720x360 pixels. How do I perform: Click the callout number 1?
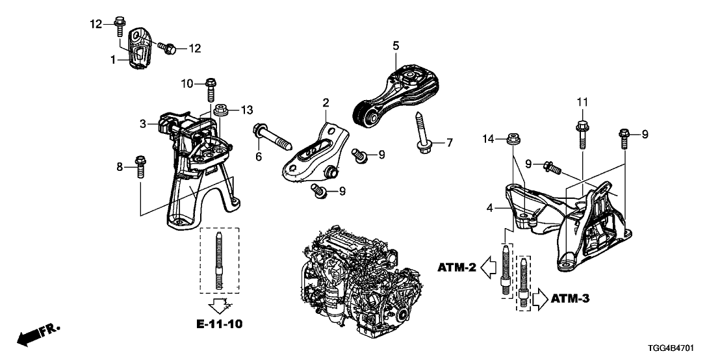113,60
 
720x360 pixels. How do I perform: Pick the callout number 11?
583,102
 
